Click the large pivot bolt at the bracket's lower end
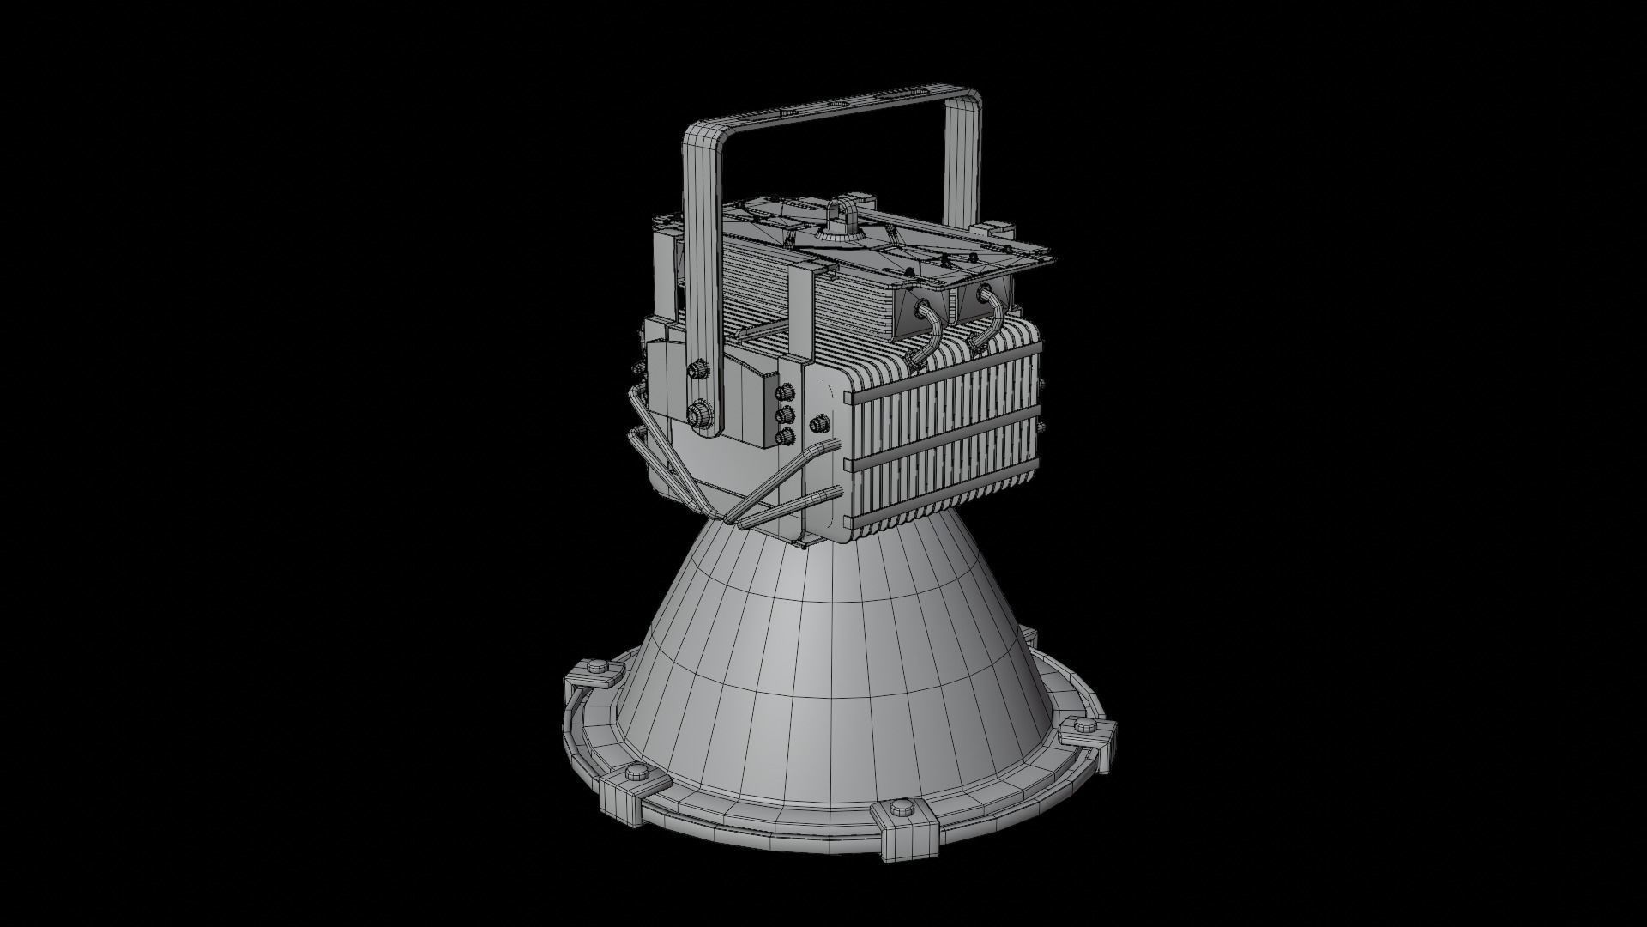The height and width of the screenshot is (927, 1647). tap(700, 415)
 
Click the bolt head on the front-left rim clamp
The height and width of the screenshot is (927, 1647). tap(635, 773)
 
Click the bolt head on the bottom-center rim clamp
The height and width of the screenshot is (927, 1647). tap(900, 809)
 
